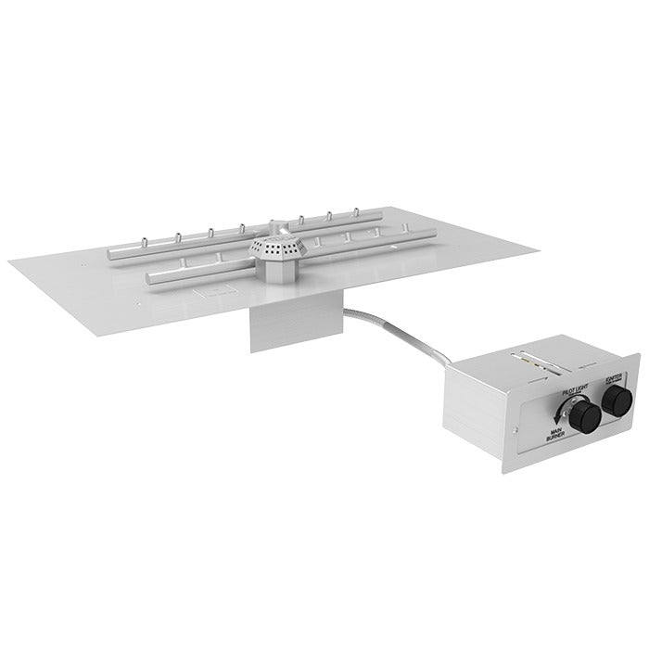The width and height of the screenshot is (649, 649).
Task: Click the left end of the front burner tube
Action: (149, 276)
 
